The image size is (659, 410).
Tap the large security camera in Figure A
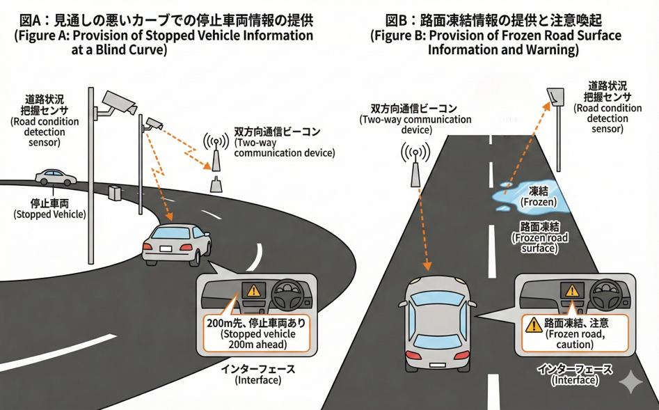pyautogui.click(x=117, y=102)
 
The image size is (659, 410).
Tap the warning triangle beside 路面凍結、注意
pyautogui.click(x=534, y=324)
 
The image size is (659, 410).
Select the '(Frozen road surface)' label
pyautogui.click(x=539, y=243)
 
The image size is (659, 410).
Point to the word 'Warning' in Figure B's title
pyautogui.click(x=554, y=50)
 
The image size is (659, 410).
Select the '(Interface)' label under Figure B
pyautogui.click(x=574, y=380)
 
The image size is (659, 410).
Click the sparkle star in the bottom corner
pyautogui.click(x=631, y=381)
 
